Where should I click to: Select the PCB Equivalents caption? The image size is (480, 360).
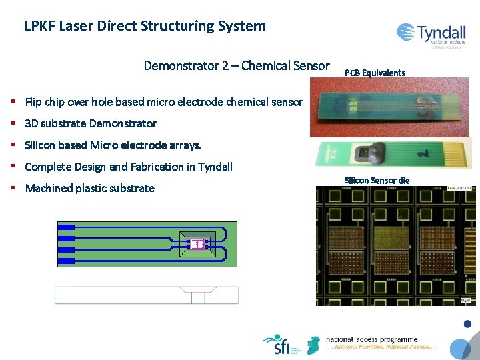(x=375, y=72)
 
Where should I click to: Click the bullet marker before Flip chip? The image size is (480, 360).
(x=13, y=102)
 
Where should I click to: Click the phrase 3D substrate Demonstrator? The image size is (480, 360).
(x=91, y=123)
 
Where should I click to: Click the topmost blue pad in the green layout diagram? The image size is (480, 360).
(x=66, y=227)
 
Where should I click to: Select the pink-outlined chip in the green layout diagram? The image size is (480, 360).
(x=197, y=244)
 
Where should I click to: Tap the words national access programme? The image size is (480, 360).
(x=371, y=339)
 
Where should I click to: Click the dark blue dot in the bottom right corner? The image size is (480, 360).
(x=467, y=324)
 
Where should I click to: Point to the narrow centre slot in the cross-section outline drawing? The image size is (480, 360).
(x=197, y=297)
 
